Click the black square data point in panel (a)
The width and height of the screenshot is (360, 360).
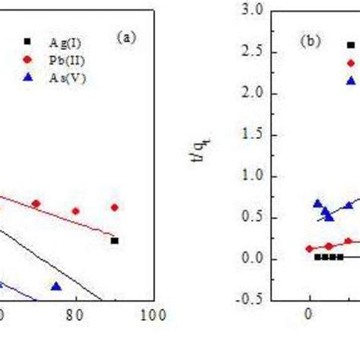pos(114,241)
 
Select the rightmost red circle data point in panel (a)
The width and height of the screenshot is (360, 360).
pos(114,207)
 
